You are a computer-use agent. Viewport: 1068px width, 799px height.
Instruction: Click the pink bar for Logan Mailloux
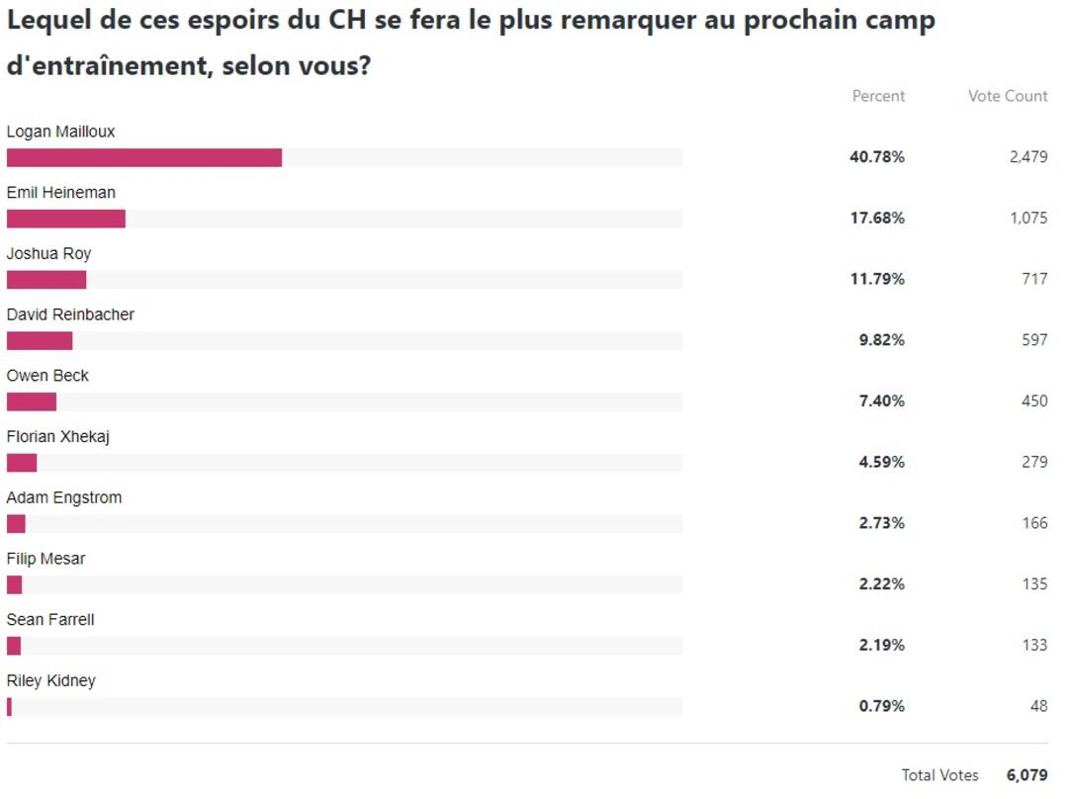click(144, 157)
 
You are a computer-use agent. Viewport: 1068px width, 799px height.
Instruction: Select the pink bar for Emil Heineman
click(66, 219)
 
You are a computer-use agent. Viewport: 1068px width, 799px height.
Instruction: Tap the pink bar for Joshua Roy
click(46, 280)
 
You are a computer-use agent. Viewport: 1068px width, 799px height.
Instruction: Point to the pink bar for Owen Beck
click(32, 401)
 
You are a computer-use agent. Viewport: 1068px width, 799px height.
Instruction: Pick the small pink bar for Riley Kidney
click(9, 706)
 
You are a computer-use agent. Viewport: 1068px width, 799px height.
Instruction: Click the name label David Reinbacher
click(70, 314)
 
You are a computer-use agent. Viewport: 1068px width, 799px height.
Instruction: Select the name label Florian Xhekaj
click(57, 436)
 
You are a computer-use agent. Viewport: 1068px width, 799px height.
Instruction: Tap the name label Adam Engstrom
click(64, 497)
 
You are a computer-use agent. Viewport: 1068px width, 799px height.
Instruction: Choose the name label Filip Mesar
click(45, 559)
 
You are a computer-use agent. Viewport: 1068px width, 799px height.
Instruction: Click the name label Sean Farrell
click(50, 620)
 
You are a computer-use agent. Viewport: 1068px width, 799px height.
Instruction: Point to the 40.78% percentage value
click(877, 157)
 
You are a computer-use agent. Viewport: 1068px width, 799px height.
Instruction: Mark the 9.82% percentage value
click(881, 340)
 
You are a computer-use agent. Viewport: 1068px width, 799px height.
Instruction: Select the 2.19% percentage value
click(881, 645)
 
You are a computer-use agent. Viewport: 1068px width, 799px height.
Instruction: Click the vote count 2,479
click(1028, 157)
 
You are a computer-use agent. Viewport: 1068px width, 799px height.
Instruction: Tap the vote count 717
click(1034, 280)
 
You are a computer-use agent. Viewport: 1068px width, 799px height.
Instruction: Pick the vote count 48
click(1038, 706)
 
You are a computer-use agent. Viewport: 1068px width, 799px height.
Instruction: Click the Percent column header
click(878, 96)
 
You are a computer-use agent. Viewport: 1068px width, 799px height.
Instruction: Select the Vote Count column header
click(1008, 96)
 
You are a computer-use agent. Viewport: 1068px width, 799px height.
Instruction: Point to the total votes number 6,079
click(1026, 775)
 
